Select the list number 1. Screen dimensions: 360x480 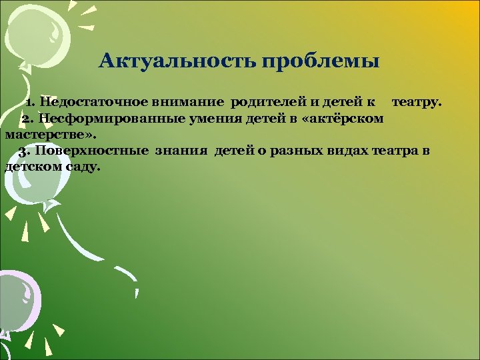click(30, 102)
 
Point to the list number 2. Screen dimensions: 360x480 click(27, 118)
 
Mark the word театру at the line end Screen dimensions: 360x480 click(415, 102)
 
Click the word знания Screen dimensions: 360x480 click(182, 150)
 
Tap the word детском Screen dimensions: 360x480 click(33, 166)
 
